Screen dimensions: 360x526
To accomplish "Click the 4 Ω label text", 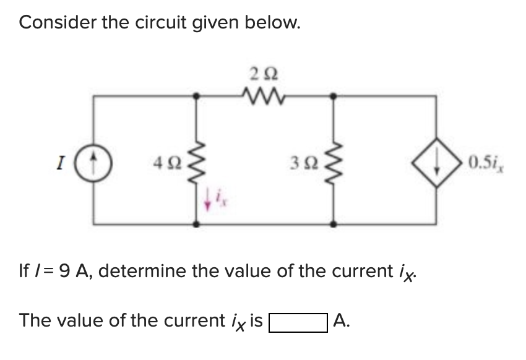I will pos(167,165).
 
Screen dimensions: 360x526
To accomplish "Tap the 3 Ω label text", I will pos(303,165).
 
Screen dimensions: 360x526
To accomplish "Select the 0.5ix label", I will pos(486,165).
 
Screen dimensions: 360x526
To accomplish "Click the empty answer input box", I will pos(298,322).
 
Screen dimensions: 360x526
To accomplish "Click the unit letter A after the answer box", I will pos(340,321).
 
